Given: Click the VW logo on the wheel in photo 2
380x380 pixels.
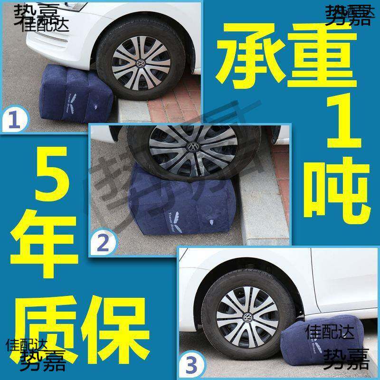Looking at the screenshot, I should [194, 146].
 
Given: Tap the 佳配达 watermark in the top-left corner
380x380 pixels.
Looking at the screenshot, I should [47, 24].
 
